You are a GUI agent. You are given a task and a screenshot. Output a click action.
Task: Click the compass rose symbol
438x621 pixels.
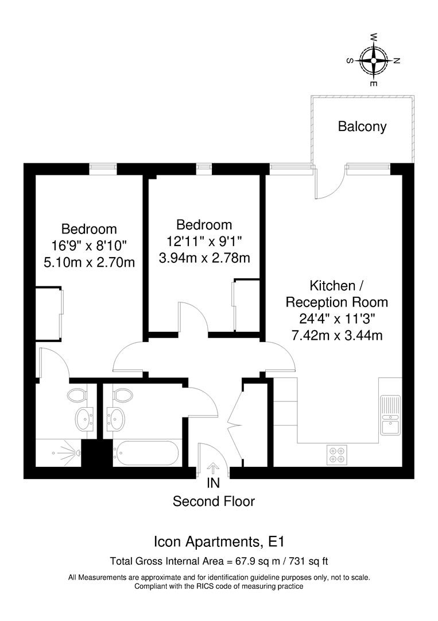pyautogui.click(x=374, y=60)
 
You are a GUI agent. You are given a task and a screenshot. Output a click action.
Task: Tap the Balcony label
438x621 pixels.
pyautogui.click(x=362, y=126)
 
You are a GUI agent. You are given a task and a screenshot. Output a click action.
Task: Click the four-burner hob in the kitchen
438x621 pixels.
pyautogui.click(x=336, y=455)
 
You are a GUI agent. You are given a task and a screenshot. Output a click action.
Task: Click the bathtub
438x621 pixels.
pyautogui.click(x=147, y=453)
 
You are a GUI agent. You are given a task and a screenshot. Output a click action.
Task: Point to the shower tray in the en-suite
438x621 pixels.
pyautogui.click(x=59, y=453)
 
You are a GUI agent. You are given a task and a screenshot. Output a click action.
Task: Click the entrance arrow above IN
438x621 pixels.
pyautogui.click(x=213, y=469)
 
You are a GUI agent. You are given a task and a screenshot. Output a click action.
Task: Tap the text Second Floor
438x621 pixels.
pyautogui.click(x=214, y=501)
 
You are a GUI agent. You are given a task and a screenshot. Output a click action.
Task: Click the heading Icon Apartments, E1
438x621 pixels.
pyautogui.click(x=219, y=542)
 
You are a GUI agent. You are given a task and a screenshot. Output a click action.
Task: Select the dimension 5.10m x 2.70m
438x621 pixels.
pyautogui.click(x=89, y=263)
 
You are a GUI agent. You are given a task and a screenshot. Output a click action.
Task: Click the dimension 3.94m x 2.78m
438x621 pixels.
pyautogui.click(x=204, y=258)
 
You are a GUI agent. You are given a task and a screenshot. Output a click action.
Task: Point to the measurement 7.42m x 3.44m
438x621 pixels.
pyautogui.click(x=337, y=335)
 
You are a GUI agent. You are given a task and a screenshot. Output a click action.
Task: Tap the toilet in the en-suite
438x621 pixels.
pyautogui.click(x=76, y=395)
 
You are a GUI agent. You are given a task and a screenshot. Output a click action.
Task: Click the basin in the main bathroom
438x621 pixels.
pyautogui.click(x=117, y=419)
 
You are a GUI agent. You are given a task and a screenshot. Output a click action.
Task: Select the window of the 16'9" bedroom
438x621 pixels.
pyautogui.click(x=103, y=168)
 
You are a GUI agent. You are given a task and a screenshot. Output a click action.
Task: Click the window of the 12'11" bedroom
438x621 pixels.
pyautogui.click(x=204, y=168)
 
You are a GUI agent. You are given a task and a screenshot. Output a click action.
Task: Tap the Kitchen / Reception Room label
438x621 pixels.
pyautogui.click(x=337, y=293)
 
